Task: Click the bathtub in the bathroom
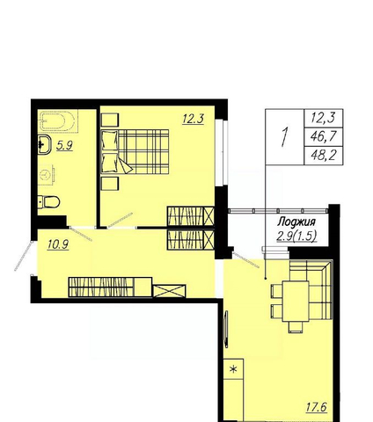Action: (x=57, y=121)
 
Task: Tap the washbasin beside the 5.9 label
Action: (x=45, y=144)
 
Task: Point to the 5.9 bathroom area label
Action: (x=64, y=145)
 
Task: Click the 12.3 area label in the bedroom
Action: (x=193, y=119)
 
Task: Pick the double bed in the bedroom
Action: (x=135, y=151)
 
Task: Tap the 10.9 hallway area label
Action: (x=58, y=244)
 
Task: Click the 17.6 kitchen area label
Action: (x=317, y=407)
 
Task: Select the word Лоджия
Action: (x=296, y=222)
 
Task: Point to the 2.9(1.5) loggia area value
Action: (x=296, y=236)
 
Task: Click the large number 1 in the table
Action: (x=284, y=136)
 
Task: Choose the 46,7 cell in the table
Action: (x=324, y=136)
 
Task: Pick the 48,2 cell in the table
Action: (x=324, y=155)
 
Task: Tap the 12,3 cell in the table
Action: (x=324, y=118)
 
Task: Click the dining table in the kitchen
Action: (x=296, y=302)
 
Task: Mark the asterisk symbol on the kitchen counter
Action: (x=233, y=369)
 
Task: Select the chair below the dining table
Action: (x=296, y=327)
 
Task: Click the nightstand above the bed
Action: (x=110, y=120)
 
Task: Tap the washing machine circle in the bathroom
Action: (x=46, y=175)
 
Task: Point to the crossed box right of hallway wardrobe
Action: (x=170, y=291)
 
